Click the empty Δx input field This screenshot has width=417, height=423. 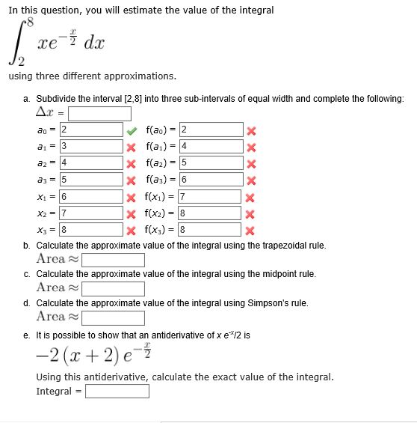[x=100, y=115]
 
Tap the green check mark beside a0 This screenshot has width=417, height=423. [x=131, y=130]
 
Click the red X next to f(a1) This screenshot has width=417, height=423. [x=252, y=147]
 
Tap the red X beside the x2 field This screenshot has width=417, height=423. [x=131, y=213]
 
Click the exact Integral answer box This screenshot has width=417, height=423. [x=118, y=392]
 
